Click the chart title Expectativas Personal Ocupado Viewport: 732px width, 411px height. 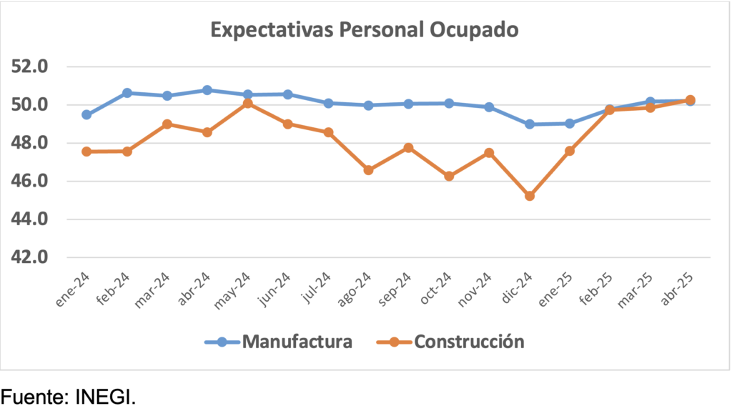tap(364, 31)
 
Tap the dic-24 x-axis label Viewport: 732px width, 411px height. tap(516, 290)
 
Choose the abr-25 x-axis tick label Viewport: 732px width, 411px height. tap(677, 290)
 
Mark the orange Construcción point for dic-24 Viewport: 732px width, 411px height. tap(530, 196)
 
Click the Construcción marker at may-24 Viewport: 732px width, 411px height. tap(248, 104)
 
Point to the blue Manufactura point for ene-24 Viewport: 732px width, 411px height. tap(86, 114)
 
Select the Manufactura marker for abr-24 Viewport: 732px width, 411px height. tap(207, 90)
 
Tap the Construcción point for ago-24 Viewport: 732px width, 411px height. tap(368, 170)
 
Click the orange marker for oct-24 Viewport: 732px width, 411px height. tap(449, 176)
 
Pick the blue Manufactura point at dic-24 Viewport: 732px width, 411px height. tap(530, 124)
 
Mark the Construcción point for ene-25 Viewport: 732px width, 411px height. tap(570, 151)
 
